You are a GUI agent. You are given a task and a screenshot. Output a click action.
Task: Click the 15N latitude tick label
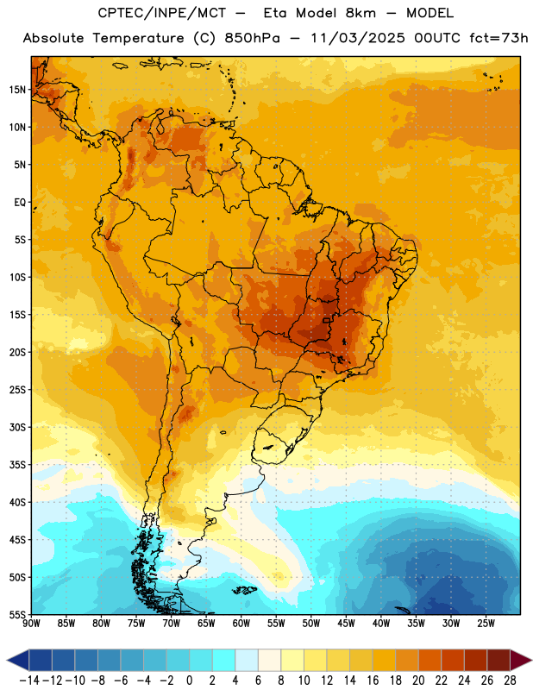click(17, 90)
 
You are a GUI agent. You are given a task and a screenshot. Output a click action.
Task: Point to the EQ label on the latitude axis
click(20, 203)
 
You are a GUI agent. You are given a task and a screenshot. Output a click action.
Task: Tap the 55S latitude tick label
click(17, 614)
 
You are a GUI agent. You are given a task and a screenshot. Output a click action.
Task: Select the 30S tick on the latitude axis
click(17, 427)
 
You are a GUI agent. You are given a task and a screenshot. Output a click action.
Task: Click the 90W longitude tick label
click(32, 623)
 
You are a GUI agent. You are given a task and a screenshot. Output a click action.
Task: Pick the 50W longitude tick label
click(311, 623)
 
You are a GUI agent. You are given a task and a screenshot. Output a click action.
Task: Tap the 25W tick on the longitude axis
click(486, 623)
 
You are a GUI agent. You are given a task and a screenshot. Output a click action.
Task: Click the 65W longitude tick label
click(206, 623)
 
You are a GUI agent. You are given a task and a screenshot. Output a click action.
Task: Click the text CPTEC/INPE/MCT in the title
click(162, 13)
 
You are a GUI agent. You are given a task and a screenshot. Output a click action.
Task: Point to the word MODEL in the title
click(430, 13)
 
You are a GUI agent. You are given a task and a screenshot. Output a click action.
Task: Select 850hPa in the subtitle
click(252, 38)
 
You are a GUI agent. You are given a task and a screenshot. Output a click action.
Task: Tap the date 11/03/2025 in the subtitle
click(357, 38)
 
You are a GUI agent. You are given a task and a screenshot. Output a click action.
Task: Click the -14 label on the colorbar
click(29, 681)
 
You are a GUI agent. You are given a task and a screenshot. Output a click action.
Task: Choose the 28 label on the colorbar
click(510, 681)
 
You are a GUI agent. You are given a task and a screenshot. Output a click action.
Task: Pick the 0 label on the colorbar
click(190, 681)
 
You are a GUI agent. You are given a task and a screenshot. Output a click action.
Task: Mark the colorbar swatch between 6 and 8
click(270, 660)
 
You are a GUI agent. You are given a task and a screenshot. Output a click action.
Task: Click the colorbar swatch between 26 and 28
click(499, 660)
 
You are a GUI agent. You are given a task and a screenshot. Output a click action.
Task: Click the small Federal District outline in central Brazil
click(326, 320)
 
